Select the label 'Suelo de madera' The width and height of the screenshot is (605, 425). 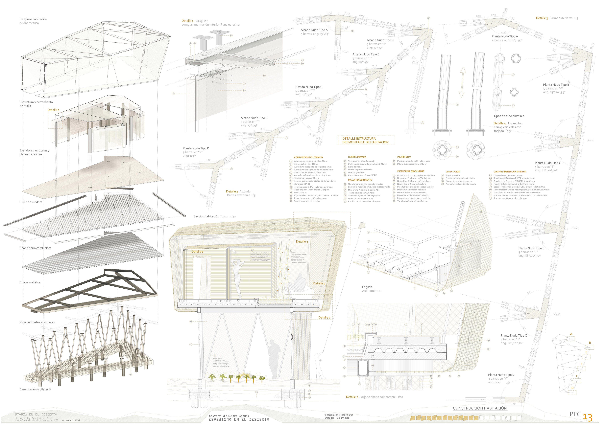(x=31, y=202)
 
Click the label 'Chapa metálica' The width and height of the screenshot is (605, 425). (x=30, y=282)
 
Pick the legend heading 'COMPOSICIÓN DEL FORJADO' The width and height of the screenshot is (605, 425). (x=308, y=157)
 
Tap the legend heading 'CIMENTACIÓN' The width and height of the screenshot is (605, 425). (x=453, y=172)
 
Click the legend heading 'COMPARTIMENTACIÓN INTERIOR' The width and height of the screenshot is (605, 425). (x=510, y=172)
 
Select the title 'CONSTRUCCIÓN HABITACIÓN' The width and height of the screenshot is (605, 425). (x=480, y=408)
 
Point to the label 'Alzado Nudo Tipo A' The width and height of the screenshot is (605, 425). (x=314, y=30)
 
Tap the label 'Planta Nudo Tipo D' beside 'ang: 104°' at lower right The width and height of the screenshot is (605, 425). (x=501, y=375)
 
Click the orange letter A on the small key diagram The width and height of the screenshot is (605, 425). (x=571, y=334)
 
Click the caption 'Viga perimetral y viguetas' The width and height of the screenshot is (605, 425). (x=37, y=322)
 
